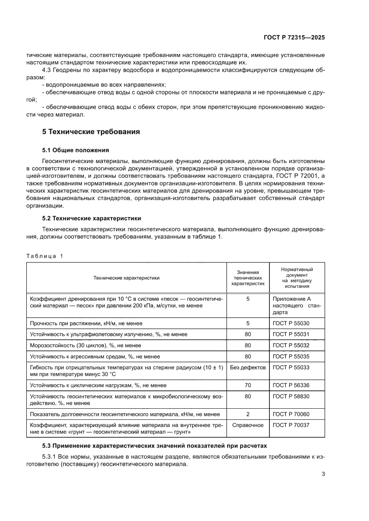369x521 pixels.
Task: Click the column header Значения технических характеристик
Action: tap(248, 277)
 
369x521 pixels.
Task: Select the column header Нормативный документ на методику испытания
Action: tap(297, 277)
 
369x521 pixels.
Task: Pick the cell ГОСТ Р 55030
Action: tap(290, 323)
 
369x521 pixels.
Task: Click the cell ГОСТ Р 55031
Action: tap(290, 334)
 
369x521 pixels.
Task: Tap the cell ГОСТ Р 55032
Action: tap(290, 345)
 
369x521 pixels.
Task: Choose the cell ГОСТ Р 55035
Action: tap(290, 356)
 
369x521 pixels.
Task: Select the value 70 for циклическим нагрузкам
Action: tap(248, 385)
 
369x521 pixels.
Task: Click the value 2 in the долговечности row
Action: tap(248, 414)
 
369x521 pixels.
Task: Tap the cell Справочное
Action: tap(248, 425)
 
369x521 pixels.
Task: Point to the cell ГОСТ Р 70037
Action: tap(290, 425)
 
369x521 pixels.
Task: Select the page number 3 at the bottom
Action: tap(323, 474)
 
